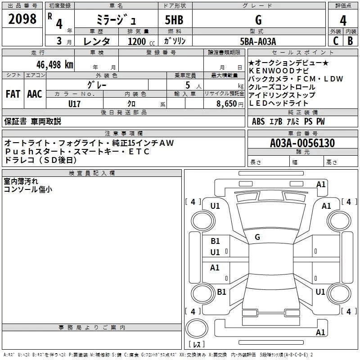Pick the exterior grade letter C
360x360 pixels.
335,40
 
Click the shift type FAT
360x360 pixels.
13,94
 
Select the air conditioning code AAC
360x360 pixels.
35,94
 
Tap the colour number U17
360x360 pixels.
74,103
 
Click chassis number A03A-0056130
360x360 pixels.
302,143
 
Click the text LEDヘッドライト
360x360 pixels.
279,103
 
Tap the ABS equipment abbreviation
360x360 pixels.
258,121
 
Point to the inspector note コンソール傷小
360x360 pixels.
28,189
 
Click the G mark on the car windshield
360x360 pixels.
257,237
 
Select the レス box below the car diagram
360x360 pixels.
196,344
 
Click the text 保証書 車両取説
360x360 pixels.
32,121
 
